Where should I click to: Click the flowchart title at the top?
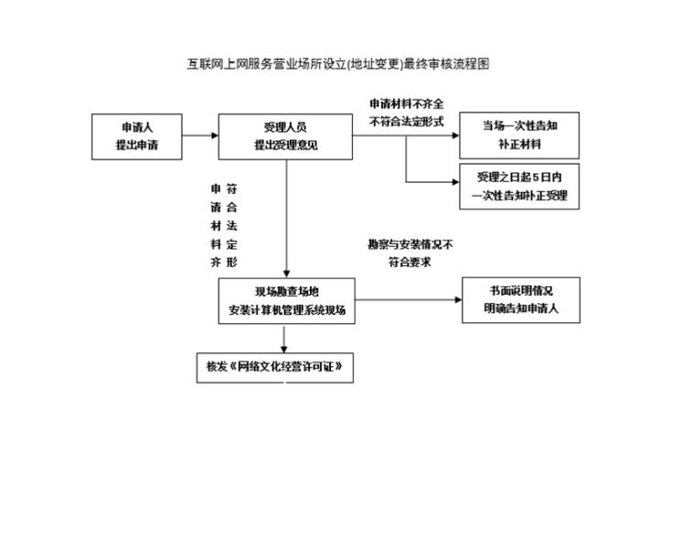(x=339, y=64)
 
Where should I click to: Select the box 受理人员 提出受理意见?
(x=285, y=136)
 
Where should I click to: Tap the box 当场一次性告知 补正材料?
(x=519, y=135)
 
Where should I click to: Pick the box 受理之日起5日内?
(x=519, y=186)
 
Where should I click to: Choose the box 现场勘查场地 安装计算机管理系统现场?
(x=287, y=301)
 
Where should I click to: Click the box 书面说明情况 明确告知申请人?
(x=520, y=300)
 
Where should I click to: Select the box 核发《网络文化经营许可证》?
(x=275, y=367)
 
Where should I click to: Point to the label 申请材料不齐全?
(x=407, y=103)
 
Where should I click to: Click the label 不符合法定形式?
(x=407, y=120)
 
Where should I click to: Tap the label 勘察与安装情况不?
(x=410, y=244)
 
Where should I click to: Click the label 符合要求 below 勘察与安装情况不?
(x=410, y=262)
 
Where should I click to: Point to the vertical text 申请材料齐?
(x=216, y=225)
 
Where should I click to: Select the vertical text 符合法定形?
(x=232, y=225)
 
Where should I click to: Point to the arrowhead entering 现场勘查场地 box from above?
(x=287, y=273)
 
